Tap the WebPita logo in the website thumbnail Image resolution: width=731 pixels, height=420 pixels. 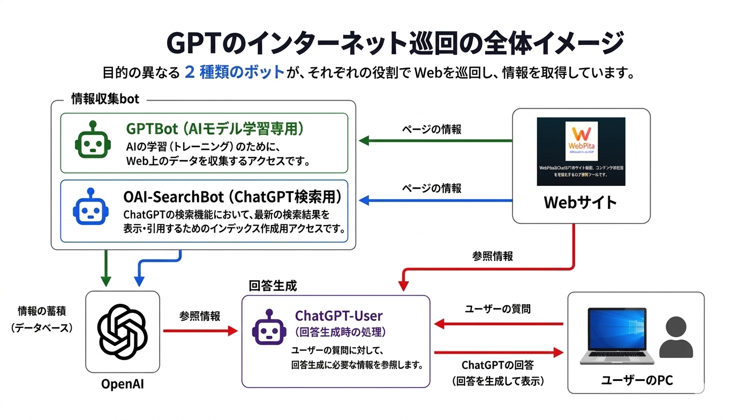coord(581,139)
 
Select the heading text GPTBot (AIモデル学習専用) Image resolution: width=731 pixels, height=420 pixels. coord(215,129)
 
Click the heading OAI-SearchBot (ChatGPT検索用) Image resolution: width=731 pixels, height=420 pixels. coord(232,197)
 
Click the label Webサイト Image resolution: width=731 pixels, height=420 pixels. coord(581,202)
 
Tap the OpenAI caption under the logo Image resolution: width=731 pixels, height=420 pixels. coord(123,385)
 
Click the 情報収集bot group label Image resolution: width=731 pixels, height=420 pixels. coord(105,99)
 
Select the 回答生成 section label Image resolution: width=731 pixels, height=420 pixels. coord(273,286)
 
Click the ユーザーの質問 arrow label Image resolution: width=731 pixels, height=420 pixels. coord(498,309)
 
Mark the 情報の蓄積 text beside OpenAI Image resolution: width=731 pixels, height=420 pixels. coord(42,311)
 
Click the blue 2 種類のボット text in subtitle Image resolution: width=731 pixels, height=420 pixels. coord(234,72)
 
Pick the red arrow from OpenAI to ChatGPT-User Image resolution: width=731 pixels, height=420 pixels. coord(200,331)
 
